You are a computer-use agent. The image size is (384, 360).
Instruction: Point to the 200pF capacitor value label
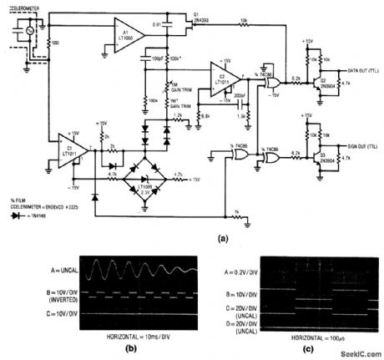coord(239,99)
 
